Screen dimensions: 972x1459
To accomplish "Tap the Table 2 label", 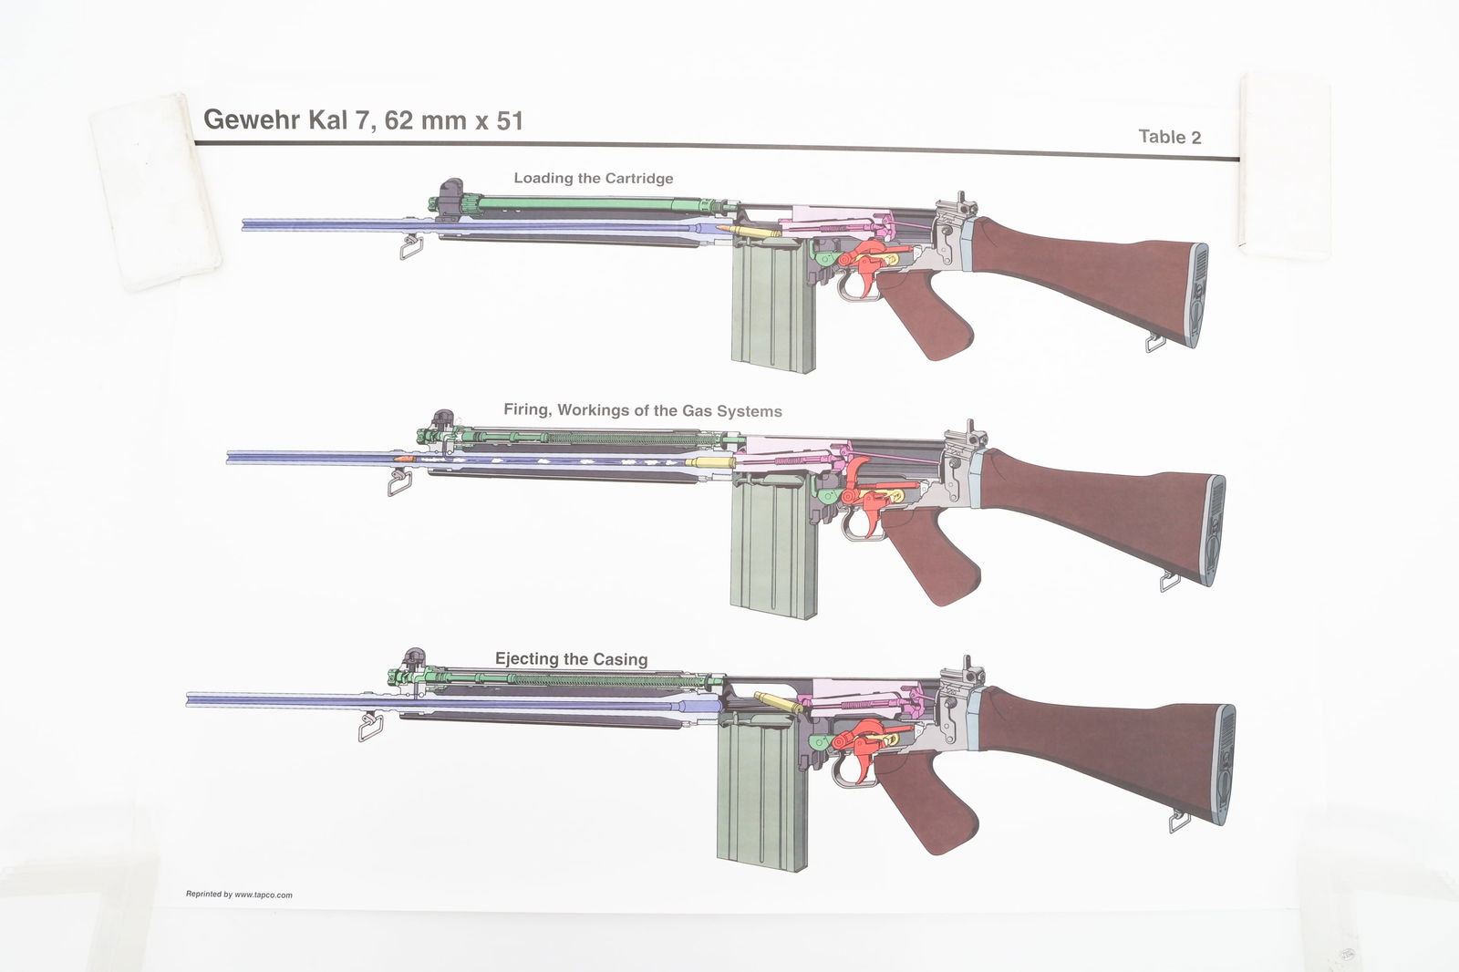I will click(x=1170, y=137).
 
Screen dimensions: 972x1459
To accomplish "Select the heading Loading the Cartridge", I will click(x=593, y=178).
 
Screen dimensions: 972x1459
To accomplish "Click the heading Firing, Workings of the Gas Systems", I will click(x=642, y=410).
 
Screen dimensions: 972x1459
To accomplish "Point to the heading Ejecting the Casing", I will click(x=571, y=658).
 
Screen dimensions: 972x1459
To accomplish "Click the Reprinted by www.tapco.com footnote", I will click(x=239, y=894).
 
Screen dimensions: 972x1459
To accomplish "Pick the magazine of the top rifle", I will click(x=771, y=310).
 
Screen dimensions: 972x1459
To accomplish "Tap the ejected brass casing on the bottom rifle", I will click(x=778, y=703).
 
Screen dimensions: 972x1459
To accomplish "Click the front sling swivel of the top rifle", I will click(x=409, y=245).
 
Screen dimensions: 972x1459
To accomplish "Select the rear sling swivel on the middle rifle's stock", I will click(x=1170, y=578).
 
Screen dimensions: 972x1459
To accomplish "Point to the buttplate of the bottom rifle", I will click(x=1223, y=766).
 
